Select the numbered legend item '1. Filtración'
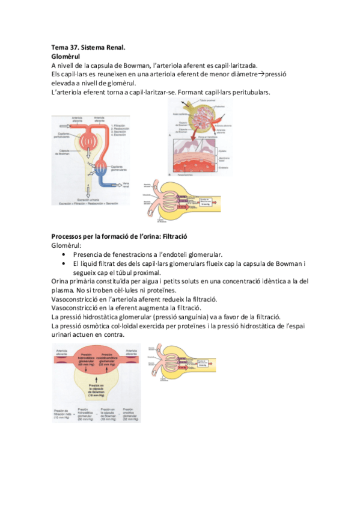tap(119, 126)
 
